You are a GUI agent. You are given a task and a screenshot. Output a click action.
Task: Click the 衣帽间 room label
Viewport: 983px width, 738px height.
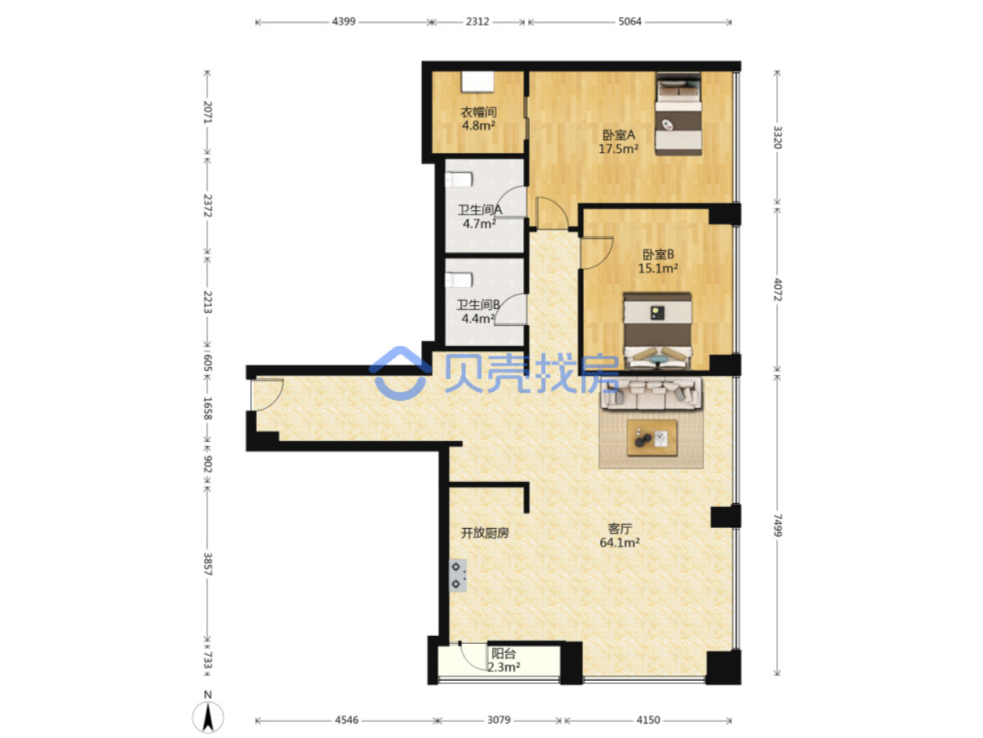(x=478, y=111)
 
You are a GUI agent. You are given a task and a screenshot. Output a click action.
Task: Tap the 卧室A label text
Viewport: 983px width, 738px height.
(x=618, y=134)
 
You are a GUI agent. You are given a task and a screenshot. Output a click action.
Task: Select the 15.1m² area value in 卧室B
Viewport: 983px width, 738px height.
(x=658, y=268)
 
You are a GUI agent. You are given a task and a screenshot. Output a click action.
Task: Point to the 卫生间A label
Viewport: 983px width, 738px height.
(x=479, y=209)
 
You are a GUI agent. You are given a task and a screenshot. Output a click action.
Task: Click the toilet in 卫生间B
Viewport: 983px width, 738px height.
(x=459, y=280)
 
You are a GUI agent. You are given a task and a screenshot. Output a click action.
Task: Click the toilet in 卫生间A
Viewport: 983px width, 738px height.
(x=459, y=180)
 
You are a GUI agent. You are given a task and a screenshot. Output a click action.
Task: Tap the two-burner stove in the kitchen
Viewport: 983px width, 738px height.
(x=458, y=575)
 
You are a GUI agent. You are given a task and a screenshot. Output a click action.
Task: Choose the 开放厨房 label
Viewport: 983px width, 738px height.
(x=485, y=533)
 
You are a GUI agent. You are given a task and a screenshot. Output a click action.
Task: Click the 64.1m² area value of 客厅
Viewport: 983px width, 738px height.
(x=619, y=542)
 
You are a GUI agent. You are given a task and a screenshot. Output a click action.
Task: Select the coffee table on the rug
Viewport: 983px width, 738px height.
(x=651, y=438)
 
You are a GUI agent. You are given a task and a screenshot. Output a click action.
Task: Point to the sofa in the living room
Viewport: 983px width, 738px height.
(x=651, y=394)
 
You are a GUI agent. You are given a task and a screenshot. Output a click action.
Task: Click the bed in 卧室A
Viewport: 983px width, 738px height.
(x=678, y=114)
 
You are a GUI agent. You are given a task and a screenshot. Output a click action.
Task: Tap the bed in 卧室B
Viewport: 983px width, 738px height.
(x=658, y=332)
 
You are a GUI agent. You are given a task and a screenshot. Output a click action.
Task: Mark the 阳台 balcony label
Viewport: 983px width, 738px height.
(x=503, y=653)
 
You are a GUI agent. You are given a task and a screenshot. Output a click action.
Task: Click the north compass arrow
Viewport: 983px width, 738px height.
(x=208, y=717)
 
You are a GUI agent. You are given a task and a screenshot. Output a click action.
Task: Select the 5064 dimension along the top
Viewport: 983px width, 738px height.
(x=630, y=22)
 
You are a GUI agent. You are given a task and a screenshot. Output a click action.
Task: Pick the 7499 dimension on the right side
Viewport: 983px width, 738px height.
(x=778, y=526)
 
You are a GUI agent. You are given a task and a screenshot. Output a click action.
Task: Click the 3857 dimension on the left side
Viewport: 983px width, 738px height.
(x=208, y=564)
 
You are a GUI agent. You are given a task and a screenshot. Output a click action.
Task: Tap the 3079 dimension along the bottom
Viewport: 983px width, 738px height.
(x=498, y=719)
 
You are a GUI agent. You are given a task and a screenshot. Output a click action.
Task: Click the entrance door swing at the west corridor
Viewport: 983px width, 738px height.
(x=267, y=394)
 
